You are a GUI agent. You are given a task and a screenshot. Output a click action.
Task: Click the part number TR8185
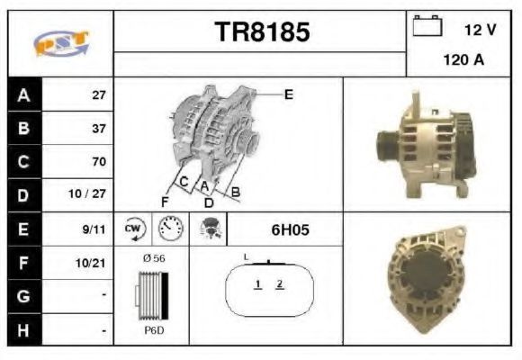[262, 31]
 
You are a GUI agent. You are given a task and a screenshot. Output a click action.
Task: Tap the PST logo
[61, 43]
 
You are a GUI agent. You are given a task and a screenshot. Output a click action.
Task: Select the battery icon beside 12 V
[427, 25]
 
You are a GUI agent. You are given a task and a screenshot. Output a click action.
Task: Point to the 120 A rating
[463, 60]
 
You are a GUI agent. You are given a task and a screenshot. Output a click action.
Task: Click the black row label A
[24, 95]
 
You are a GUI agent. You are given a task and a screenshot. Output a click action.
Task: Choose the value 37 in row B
[99, 129]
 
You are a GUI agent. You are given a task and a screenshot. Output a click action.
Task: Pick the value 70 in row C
[99, 161]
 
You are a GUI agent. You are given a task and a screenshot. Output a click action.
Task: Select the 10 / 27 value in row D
[87, 193]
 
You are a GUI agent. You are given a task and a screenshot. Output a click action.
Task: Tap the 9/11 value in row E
[94, 229]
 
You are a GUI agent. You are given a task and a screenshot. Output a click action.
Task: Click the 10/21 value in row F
[91, 263]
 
